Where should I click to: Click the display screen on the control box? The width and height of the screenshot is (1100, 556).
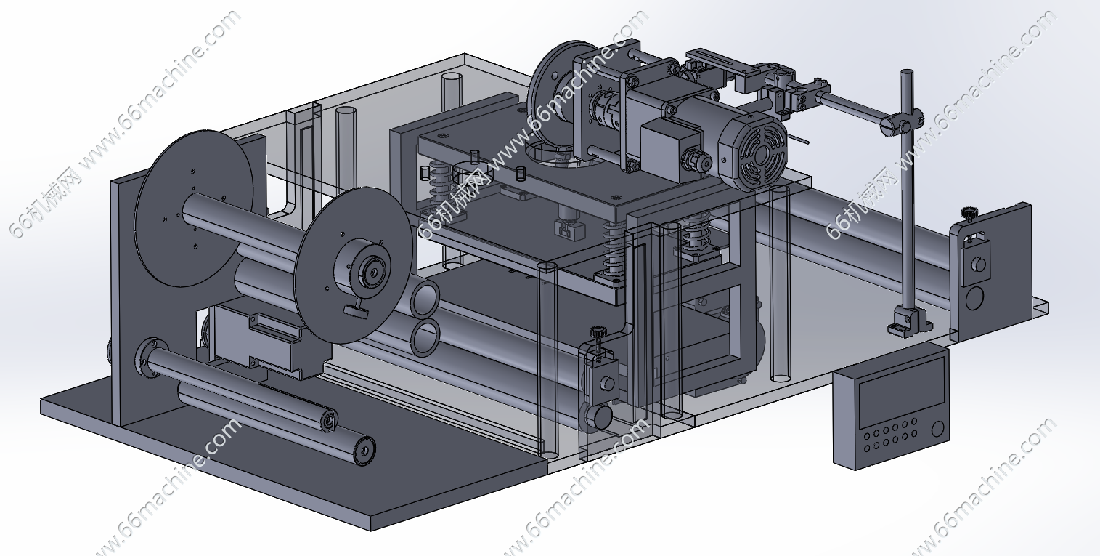pos(902,392)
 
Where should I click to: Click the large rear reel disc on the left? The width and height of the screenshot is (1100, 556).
pos(194,208)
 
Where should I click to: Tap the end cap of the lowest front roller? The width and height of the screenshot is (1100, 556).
pos(364,450)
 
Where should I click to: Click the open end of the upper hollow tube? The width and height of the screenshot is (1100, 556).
pos(425,298)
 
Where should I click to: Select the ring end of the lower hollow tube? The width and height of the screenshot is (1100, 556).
pos(424,338)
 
